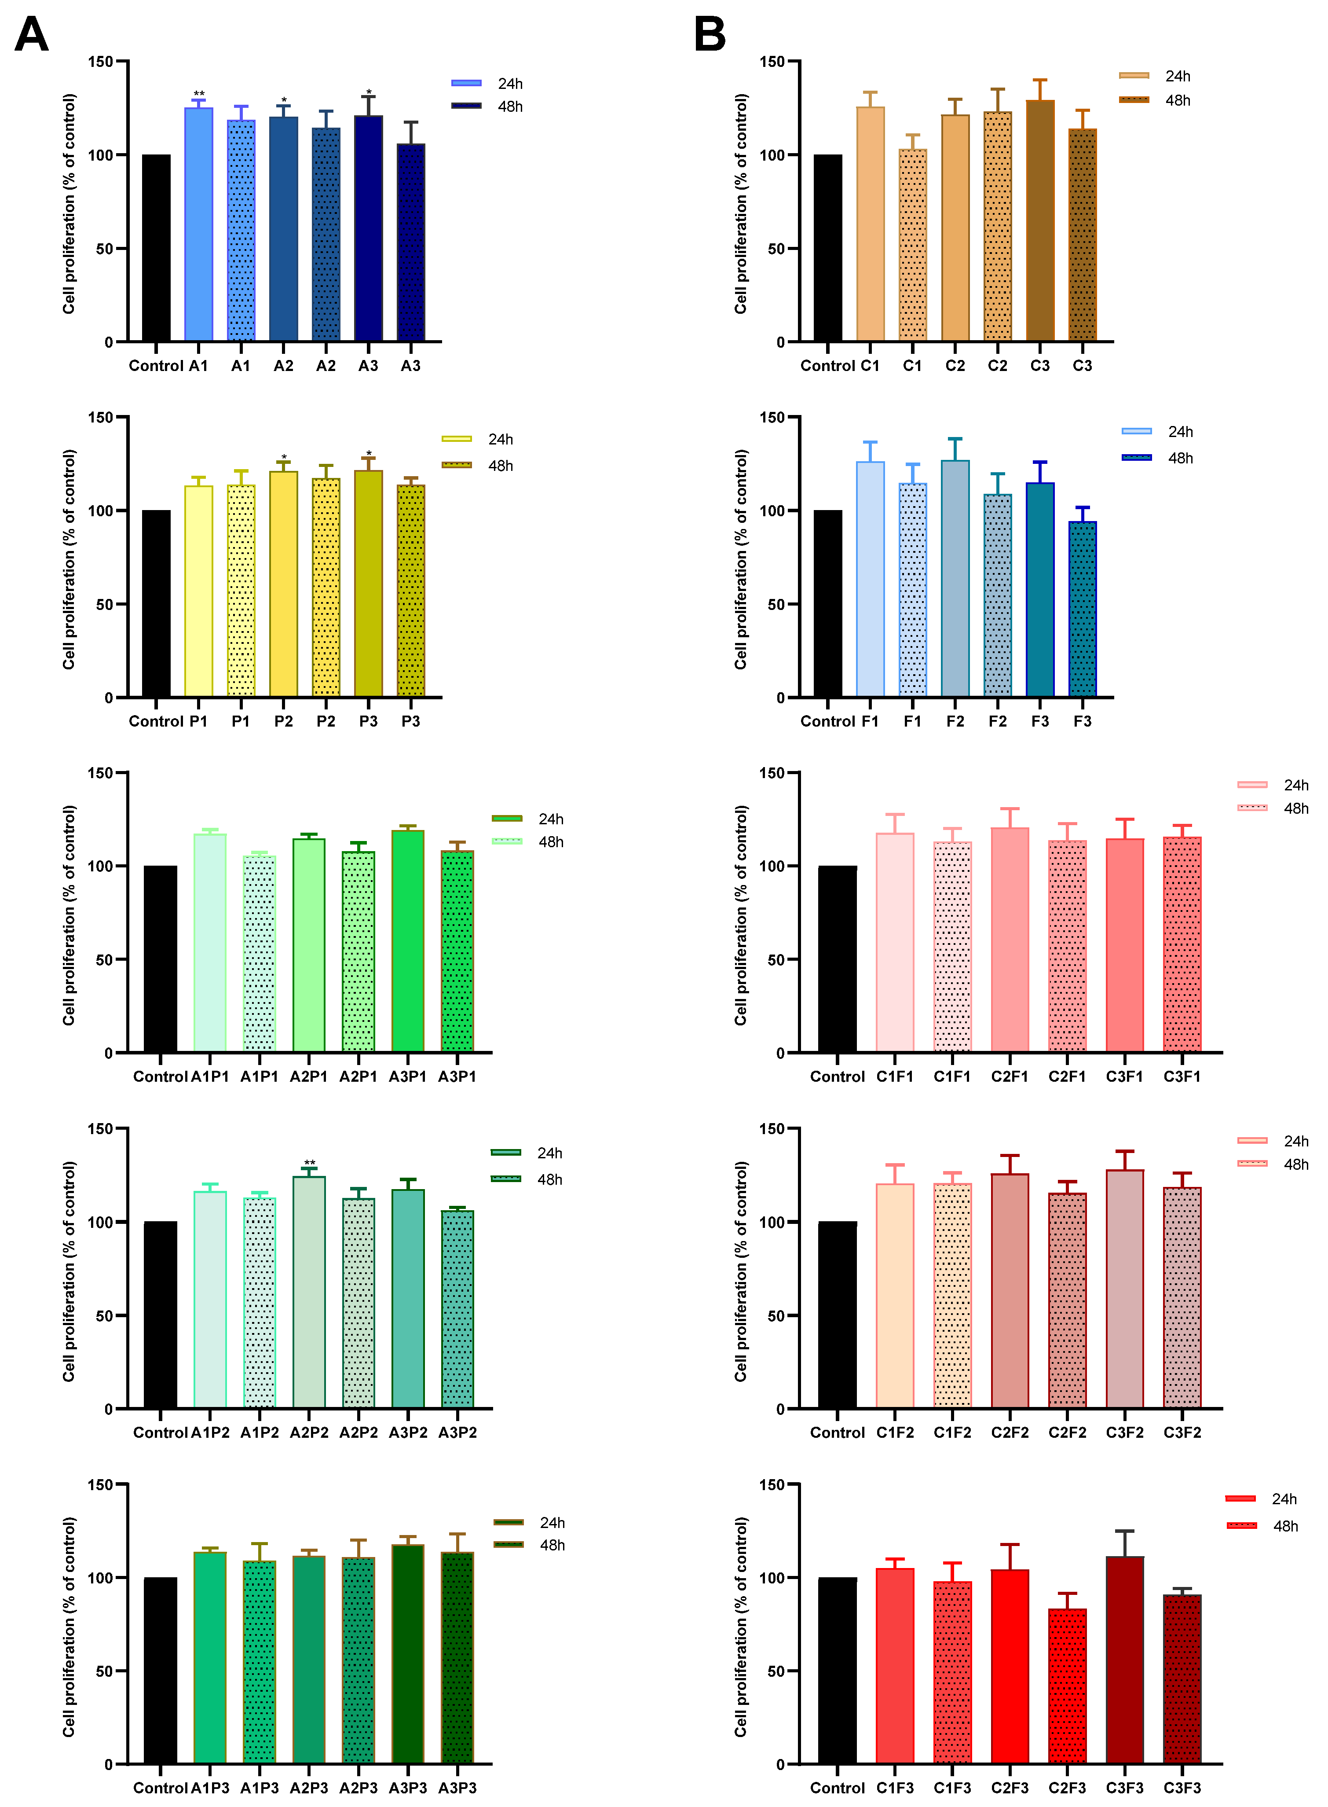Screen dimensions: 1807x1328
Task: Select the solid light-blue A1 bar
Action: (x=198, y=225)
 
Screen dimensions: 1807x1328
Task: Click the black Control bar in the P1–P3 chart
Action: (x=156, y=603)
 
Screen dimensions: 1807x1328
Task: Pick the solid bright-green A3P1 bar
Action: (x=408, y=941)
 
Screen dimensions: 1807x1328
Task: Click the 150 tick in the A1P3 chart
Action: (x=100, y=1484)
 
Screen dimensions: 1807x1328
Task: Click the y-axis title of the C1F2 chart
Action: (x=740, y=1271)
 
